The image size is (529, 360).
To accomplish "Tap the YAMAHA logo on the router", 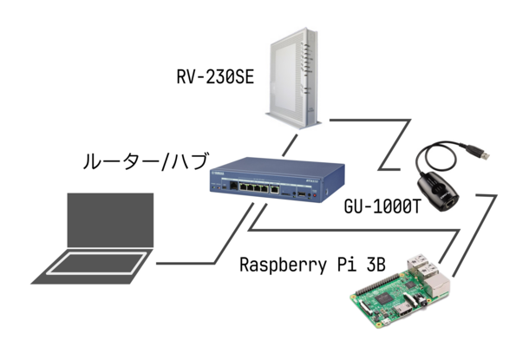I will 216,173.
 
